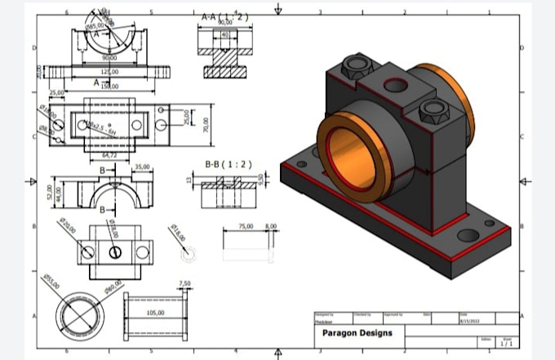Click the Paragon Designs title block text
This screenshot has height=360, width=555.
coord(357,333)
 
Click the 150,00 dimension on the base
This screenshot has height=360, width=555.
coord(109,86)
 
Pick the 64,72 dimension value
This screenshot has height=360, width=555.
coord(109,153)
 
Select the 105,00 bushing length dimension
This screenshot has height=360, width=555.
coord(155,313)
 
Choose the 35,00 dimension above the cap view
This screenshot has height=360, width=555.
coord(142,167)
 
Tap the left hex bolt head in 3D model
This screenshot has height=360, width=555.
coord(356,64)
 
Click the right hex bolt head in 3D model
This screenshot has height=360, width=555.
coord(431,109)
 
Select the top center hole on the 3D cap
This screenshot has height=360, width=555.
coord(396,83)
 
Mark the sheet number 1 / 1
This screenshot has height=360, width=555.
coord(507,344)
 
